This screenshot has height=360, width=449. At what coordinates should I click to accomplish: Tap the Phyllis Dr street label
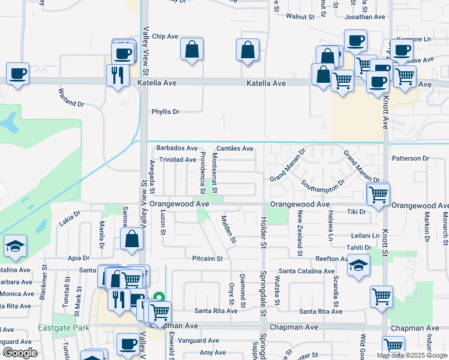click(166, 112)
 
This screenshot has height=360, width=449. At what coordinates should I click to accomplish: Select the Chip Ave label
click(165, 36)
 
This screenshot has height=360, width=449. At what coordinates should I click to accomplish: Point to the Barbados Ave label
click(176, 148)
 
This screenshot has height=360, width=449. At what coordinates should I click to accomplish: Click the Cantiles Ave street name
click(235, 148)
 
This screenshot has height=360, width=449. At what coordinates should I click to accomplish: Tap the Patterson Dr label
click(411, 158)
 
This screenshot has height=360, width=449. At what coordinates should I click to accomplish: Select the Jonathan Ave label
click(365, 17)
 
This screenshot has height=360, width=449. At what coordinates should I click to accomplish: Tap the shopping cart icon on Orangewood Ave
click(379, 194)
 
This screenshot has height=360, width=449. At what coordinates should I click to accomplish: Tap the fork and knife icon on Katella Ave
click(117, 75)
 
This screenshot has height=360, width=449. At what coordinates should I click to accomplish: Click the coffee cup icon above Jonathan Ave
click(355, 40)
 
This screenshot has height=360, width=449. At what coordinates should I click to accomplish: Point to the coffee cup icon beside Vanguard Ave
click(128, 344)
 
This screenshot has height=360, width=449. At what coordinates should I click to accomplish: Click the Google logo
click(20, 353)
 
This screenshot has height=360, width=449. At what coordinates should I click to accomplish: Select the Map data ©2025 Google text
click(412, 355)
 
